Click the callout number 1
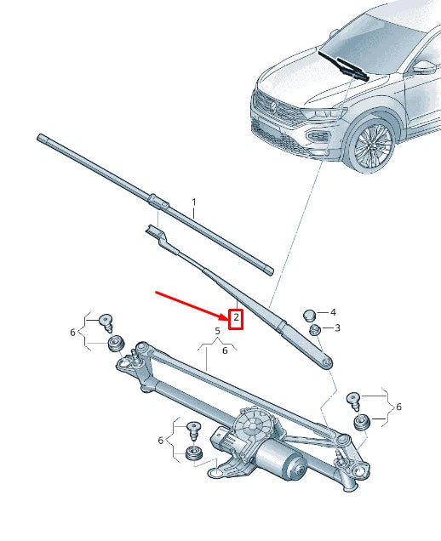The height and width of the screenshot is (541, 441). point(193,203)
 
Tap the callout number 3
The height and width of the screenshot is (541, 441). point(337,327)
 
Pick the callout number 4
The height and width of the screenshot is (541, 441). point(334,312)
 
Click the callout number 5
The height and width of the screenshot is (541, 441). point(217,330)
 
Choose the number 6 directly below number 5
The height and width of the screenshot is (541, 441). point(225,350)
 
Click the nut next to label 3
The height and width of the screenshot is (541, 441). point(313,329)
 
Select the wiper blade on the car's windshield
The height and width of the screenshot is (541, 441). point(344,65)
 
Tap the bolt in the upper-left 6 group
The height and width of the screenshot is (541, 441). point(108,321)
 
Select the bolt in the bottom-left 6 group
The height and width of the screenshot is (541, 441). point(193,429)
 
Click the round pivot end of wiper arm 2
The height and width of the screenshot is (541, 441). point(326,361)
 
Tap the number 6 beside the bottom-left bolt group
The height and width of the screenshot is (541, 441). point(160,440)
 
